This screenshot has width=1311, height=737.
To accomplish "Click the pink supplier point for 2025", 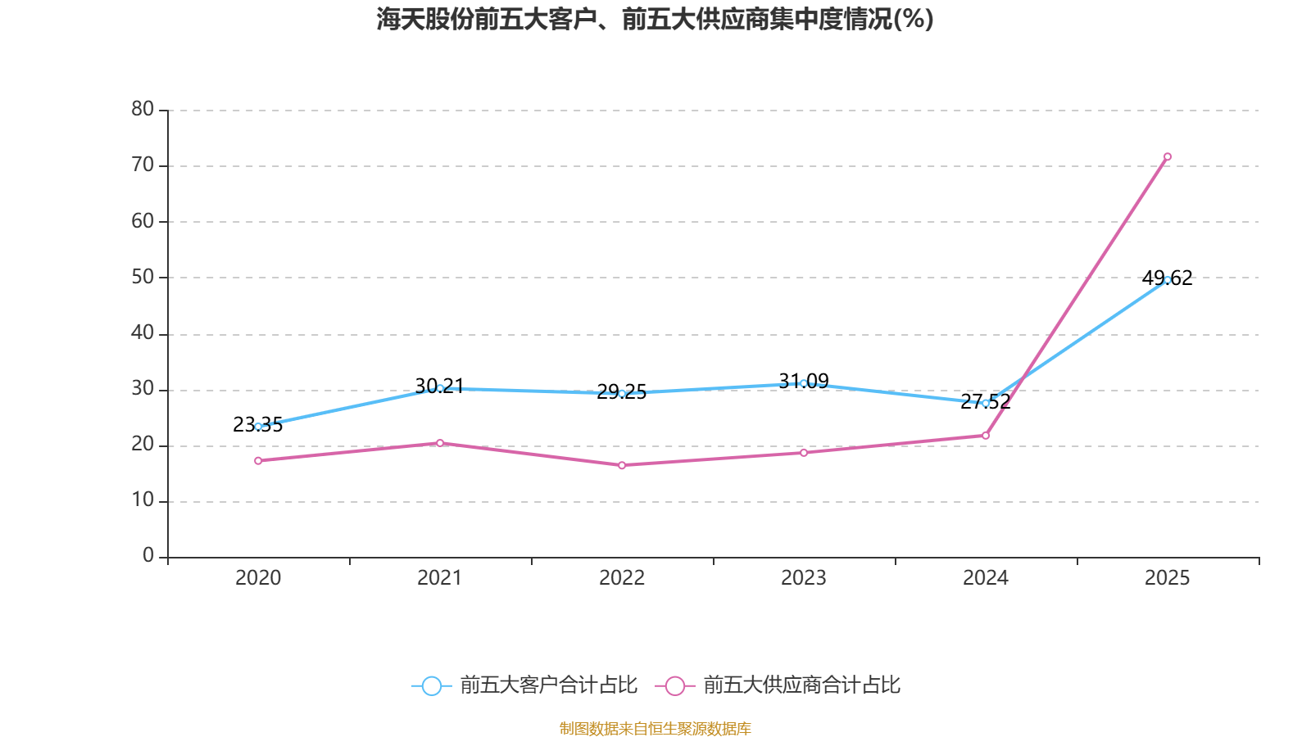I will point(1167,156).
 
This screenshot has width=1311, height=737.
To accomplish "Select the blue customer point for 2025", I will point(1167,280).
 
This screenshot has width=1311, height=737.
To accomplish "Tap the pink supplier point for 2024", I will point(985,436).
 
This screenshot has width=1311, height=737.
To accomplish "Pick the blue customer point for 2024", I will point(985,403).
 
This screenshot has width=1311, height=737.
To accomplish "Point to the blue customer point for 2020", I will point(258,427).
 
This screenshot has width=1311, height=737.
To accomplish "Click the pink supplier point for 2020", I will point(258,461).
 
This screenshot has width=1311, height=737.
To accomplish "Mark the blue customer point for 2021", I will point(440,388).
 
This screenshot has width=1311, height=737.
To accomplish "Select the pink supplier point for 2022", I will point(622,465).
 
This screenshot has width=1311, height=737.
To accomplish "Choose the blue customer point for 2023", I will point(804,383).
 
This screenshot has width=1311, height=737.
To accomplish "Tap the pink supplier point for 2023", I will point(804,453).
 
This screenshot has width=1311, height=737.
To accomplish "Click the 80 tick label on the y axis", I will point(143,109).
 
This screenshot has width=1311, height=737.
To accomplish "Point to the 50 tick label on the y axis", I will point(143,277).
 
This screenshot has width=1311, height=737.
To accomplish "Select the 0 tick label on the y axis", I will point(148,556).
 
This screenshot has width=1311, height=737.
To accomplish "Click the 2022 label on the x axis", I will point(622,578).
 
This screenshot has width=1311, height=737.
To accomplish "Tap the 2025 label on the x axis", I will point(1167,578).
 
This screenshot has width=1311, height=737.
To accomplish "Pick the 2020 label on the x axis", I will point(258,578).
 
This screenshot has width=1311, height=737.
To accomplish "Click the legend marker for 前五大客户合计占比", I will point(431,685).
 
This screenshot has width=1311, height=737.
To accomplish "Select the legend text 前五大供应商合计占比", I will point(801,685).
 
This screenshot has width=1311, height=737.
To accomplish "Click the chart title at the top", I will point(655,19).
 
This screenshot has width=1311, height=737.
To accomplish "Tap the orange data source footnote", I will point(655,728).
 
